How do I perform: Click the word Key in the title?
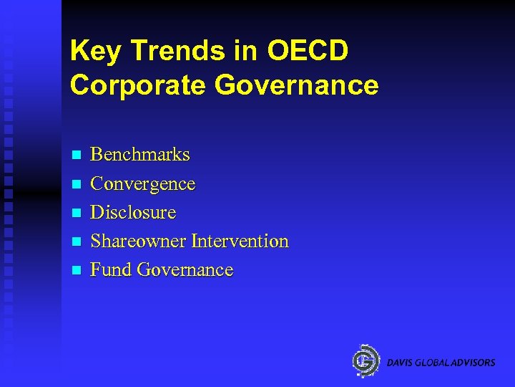click(x=93, y=52)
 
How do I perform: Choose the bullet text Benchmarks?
click(x=140, y=155)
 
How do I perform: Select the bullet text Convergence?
click(x=143, y=184)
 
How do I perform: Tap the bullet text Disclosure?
click(x=133, y=213)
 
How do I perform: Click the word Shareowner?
click(x=138, y=242)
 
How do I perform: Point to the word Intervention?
click(x=240, y=242)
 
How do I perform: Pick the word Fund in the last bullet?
click(x=111, y=270)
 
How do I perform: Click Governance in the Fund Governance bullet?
click(x=185, y=270)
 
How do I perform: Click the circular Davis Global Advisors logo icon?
click(x=366, y=360)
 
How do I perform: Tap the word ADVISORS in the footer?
click(x=473, y=363)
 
